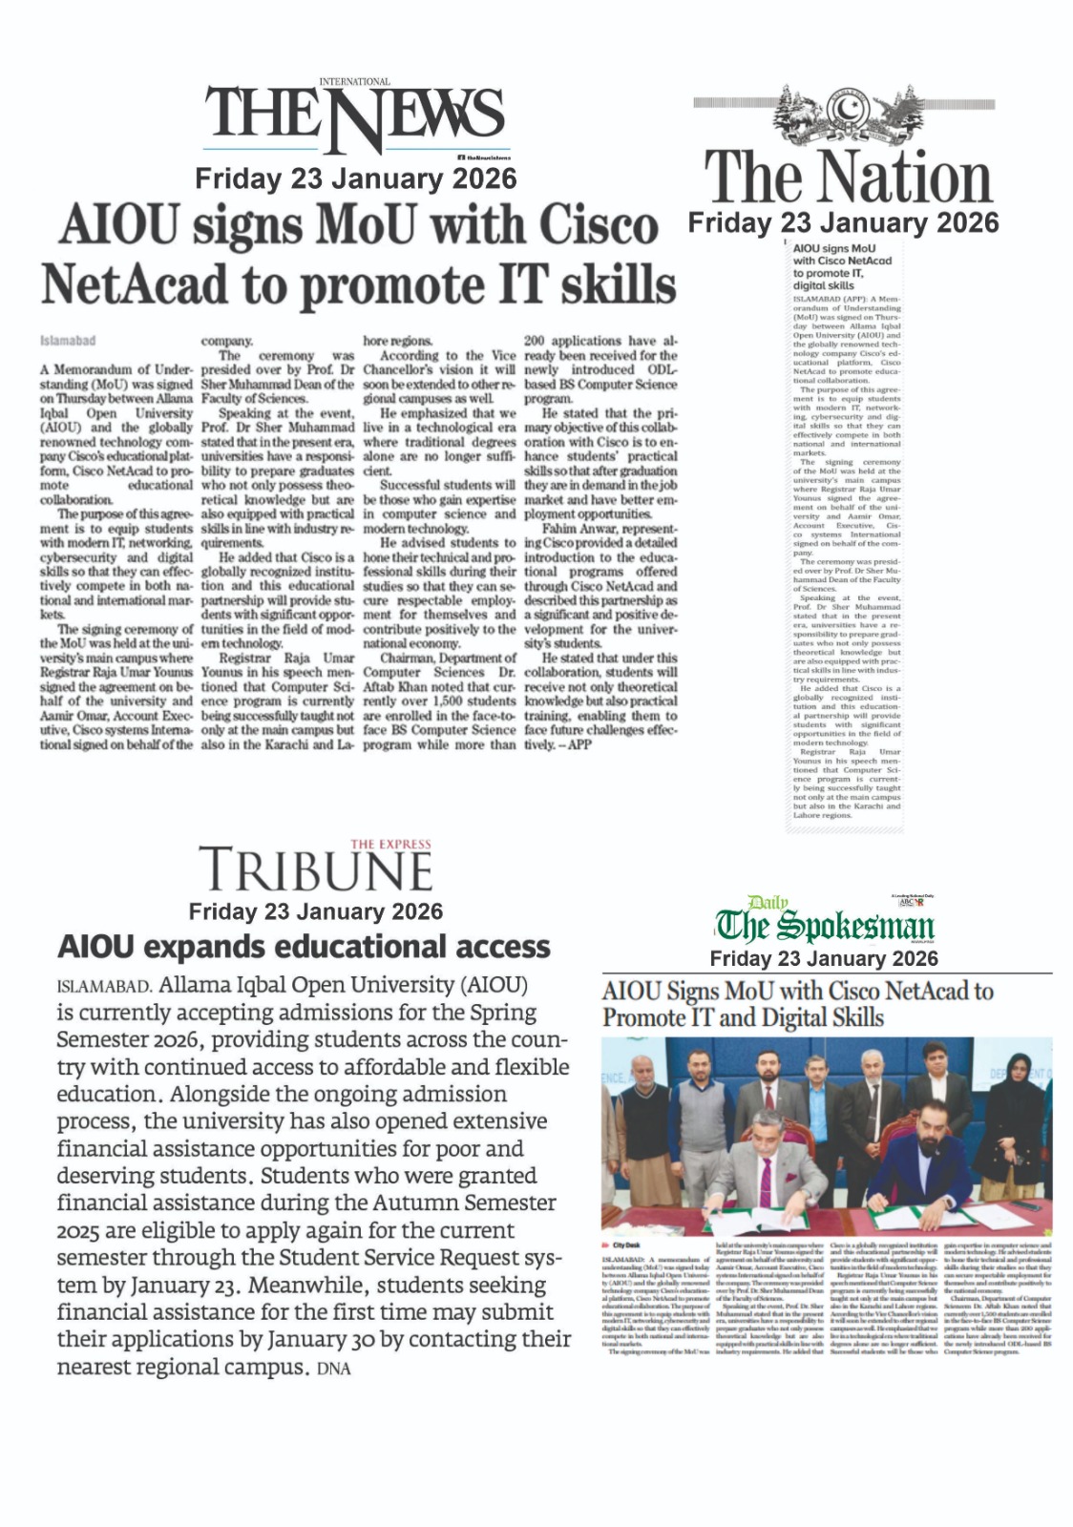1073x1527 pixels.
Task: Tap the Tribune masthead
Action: coord(315,869)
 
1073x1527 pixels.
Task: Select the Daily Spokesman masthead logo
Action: coord(825,924)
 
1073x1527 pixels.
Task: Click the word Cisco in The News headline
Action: coord(599,225)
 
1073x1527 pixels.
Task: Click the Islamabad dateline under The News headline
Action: coord(67,341)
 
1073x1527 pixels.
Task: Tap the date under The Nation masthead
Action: coord(843,223)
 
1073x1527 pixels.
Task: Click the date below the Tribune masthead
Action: coord(315,911)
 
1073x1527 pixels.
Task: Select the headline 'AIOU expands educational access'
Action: coord(304,947)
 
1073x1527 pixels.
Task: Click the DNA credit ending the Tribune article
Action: coord(335,1370)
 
